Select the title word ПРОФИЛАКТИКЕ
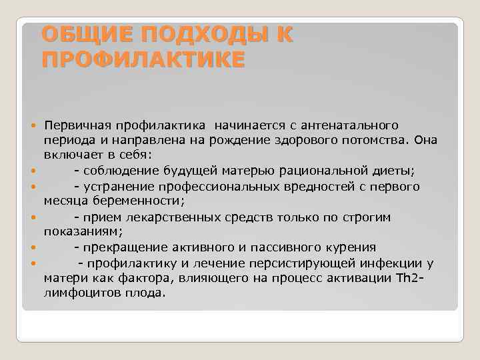click(143, 59)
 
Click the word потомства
click(377, 140)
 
